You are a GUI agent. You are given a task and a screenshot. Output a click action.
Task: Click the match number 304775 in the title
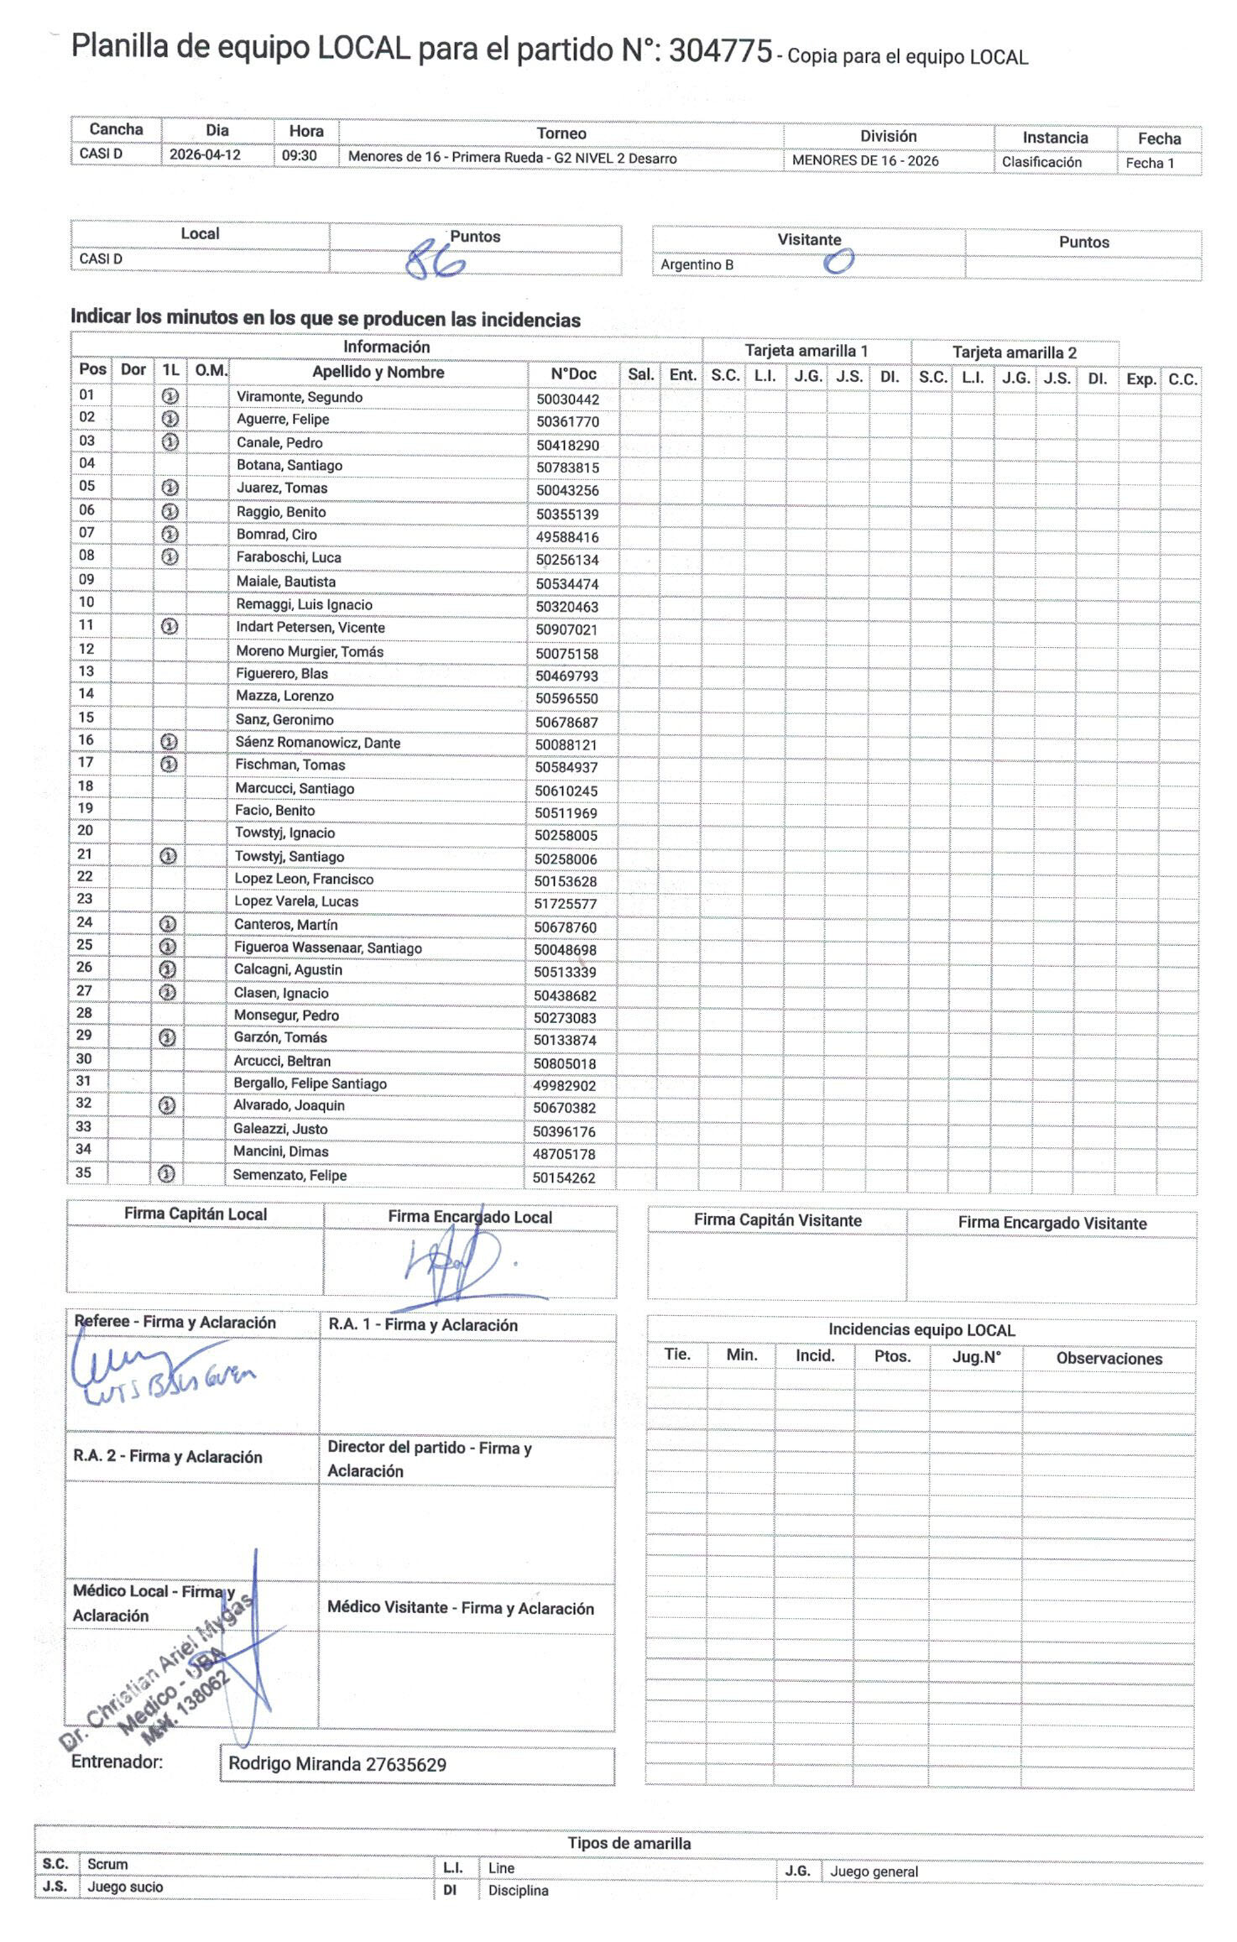pyautogui.click(x=719, y=51)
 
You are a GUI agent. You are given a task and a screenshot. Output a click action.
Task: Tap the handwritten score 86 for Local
pyautogui.click(x=435, y=262)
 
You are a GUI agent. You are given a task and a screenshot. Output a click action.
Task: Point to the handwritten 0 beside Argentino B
pyautogui.click(x=838, y=262)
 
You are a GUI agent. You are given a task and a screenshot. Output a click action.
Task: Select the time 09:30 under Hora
pyautogui.click(x=299, y=155)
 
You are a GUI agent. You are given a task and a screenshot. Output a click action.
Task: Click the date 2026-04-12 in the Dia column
pyautogui.click(x=205, y=155)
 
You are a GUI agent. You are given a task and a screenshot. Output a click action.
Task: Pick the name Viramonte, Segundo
pyautogui.click(x=300, y=397)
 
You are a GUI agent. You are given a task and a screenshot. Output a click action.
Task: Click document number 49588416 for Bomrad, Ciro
pyautogui.click(x=567, y=537)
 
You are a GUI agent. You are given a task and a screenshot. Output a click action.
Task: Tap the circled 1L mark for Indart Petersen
pyautogui.click(x=170, y=626)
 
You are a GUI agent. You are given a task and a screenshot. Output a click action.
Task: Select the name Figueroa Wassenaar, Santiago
pyautogui.click(x=327, y=948)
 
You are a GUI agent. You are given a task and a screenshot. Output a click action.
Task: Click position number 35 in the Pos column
pyautogui.click(x=84, y=1172)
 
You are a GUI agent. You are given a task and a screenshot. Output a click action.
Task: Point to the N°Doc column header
pyautogui.click(x=573, y=374)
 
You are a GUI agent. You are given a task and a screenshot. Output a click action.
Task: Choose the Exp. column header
pyautogui.click(x=1140, y=378)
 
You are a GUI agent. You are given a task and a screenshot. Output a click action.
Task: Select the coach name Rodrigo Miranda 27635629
pyautogui.click(x=337, y=1764)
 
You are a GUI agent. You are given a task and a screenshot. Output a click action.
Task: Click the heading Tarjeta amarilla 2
pyautogui.click(x=1014, y=352)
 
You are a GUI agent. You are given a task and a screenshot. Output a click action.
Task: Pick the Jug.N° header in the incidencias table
pyautogui.click(x=976, y=1357)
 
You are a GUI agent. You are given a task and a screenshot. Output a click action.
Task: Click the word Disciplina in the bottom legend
pyautogui.click(x=518, y=1890)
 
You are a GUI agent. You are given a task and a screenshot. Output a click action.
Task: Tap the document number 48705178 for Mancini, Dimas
pyautogui.click(x=564, y=1154)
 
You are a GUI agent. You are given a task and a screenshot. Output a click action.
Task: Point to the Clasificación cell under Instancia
pyautogui.click(x=1041, y=162)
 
